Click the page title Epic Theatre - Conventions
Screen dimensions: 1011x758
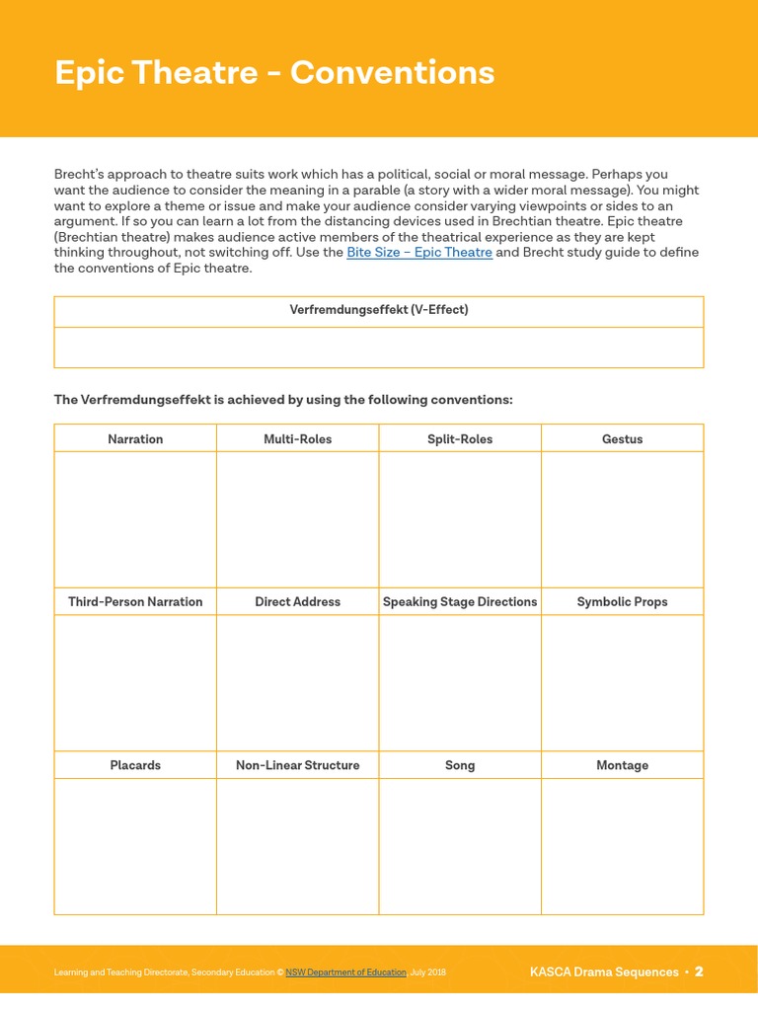274,73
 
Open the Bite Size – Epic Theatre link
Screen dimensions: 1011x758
419,253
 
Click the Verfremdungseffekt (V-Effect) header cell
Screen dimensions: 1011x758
379,310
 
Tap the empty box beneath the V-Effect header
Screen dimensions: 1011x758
379,348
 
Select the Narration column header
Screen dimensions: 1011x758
135,439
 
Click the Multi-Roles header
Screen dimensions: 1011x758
297,439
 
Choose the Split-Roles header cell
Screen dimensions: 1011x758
460,439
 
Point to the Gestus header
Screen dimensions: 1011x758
622,439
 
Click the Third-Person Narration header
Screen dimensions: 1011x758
135,602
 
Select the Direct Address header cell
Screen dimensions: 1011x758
297,602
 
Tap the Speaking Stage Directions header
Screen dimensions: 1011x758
460,602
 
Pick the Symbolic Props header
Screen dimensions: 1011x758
622,602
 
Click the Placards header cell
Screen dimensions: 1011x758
135,765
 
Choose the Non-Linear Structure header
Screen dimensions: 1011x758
297,765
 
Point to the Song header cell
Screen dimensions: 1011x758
460,765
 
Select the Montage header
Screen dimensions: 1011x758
622,765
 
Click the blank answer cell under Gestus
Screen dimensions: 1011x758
622,519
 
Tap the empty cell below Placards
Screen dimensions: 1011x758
135,846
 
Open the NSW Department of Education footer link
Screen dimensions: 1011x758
345,972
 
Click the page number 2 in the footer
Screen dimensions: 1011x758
699,972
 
